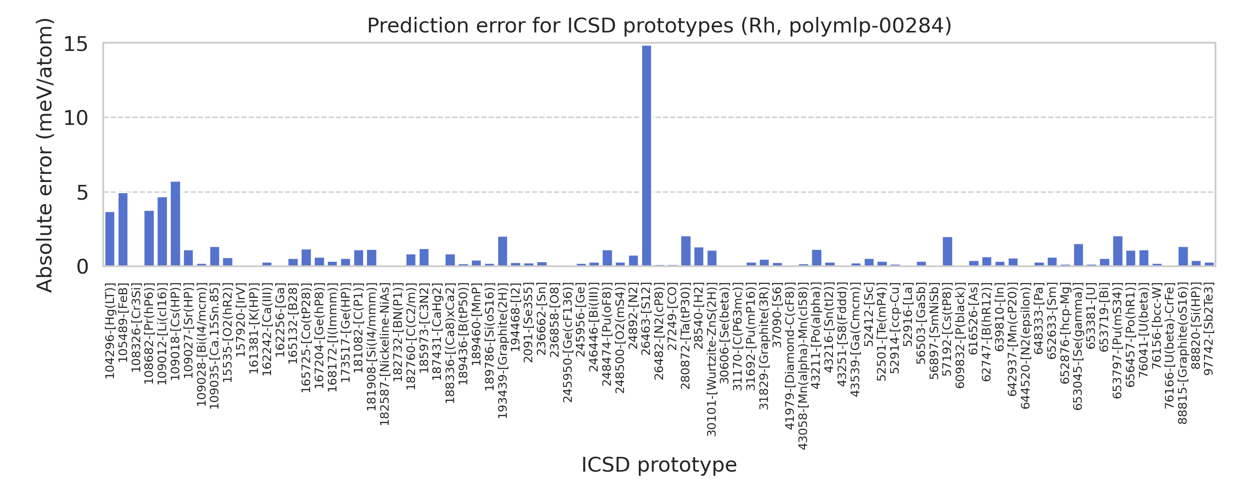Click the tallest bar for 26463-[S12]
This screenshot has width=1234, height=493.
[646, 156]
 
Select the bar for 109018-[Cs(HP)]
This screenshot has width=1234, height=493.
[175, 223]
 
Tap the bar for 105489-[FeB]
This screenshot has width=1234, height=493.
[123, 229]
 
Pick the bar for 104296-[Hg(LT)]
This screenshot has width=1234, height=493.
[110, 239]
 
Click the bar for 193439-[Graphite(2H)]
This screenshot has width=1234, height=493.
[503, 251]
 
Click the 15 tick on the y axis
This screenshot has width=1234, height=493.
[76, 44]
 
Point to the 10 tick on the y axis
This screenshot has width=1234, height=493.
[76, 118]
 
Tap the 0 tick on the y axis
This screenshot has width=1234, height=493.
[82, 267]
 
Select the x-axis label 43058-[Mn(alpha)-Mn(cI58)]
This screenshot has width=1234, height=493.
[803, 366]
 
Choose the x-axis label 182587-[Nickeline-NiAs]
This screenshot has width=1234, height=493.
[384, 354]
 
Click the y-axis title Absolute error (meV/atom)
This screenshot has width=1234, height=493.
[44, 155]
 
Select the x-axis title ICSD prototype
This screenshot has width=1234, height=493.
[659, 465]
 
